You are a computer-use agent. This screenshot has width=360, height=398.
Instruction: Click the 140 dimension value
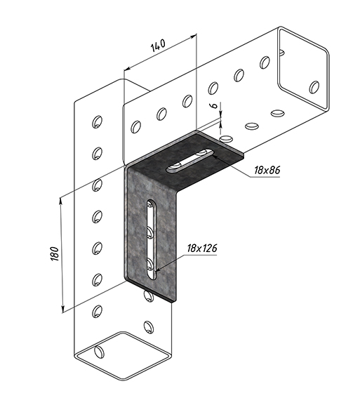158,45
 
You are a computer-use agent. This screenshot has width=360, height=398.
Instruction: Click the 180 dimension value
55,253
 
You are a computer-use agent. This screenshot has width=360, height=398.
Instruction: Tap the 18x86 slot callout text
267,170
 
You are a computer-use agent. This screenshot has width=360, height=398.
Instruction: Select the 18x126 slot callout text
202,248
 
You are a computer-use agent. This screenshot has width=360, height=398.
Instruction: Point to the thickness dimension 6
215,105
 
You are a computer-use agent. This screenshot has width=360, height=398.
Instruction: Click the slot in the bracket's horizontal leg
189,161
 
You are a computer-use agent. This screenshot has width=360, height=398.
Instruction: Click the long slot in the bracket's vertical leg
152,239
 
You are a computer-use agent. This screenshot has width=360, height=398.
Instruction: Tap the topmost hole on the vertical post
97,122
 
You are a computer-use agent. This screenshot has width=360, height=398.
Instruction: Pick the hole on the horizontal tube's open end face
314,87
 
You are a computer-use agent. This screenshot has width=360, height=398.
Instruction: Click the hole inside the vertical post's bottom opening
99,352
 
